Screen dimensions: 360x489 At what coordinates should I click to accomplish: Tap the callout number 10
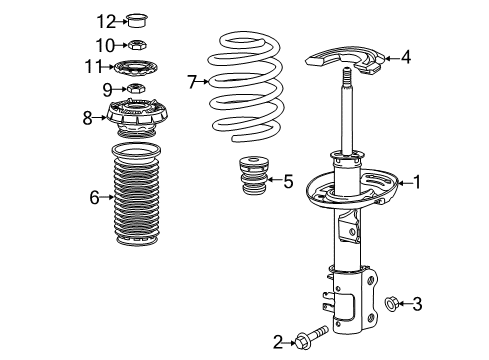(106, 44)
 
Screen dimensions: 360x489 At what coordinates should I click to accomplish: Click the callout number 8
(88, 117)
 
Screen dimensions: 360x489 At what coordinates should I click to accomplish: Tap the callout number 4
(406, 58)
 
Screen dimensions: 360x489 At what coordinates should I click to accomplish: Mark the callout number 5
(288, 181)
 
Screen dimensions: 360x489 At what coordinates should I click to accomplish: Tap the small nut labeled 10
(137, 44)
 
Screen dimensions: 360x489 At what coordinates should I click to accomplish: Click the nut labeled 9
(139, 91)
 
